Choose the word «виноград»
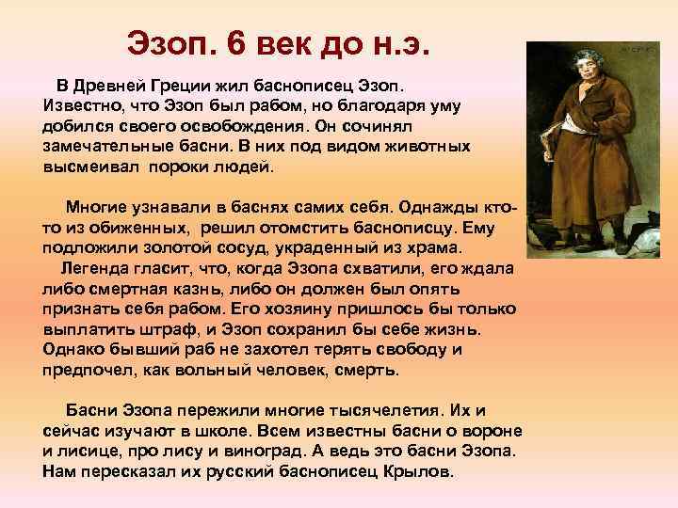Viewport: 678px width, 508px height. coord(281,452)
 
